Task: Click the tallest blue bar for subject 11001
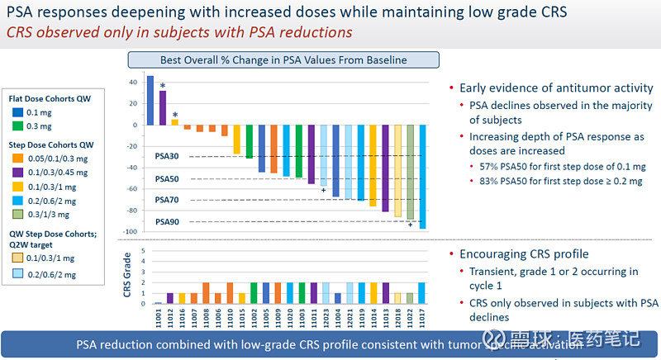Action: point(150,100)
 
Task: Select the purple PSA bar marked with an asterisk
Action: point(163,107)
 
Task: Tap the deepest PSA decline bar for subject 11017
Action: point(422,177)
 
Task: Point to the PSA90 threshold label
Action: point(167,222)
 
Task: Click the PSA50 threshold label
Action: point(167,178)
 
